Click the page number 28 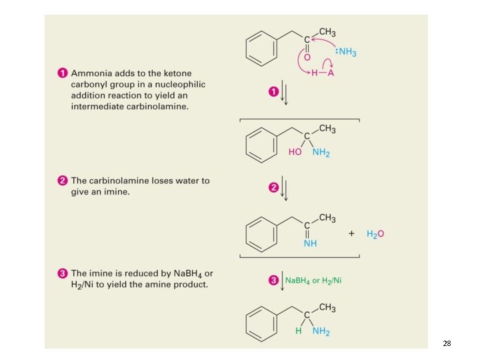(447, 343)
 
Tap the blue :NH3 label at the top (343, 51)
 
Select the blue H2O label (375, 234)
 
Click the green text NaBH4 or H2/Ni (313, 281)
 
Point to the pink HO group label (295, 153)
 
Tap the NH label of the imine (310, 243)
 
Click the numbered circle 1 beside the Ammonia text (61, 73)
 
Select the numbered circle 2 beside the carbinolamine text (61, 181)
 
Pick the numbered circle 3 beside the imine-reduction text (61, 273)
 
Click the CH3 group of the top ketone (327, 33)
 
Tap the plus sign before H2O (351, 234)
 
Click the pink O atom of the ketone (307, 57)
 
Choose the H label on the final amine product (299, 331)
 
